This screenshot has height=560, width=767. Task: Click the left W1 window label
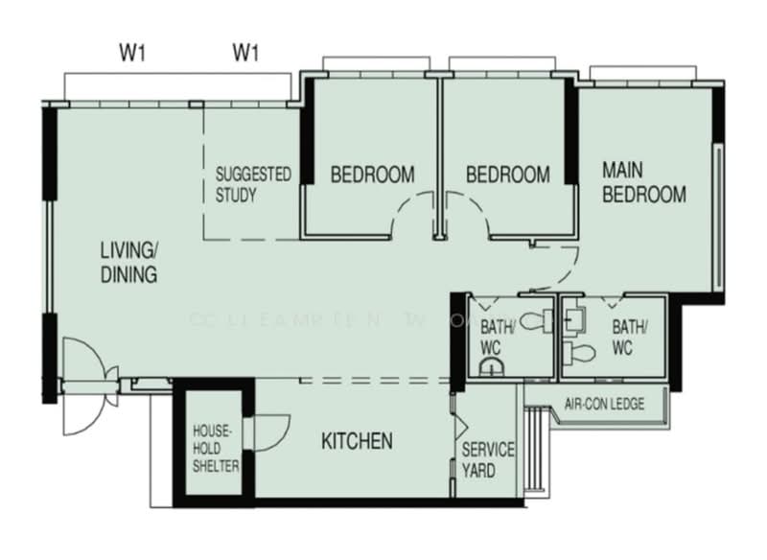click(132, 53)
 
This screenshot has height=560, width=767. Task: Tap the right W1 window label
click(246, 53)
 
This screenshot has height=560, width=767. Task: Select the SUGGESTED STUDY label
click(252, 185)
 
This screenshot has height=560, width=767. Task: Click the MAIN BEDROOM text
click(643, 182)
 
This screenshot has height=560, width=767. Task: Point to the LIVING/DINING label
click(128, 263)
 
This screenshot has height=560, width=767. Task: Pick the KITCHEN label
click(357, 441)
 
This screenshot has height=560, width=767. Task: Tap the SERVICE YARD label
click(488, 460)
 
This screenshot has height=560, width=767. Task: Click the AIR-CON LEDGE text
click(604, 404)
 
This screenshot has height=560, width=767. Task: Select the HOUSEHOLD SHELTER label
click(216, 448)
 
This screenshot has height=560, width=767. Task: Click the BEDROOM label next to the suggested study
click(372, 175)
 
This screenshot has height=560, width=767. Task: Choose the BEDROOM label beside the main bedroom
click(507, 175)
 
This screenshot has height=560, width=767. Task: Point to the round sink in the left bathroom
click(491, 367)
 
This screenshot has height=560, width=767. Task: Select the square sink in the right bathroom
click(576, 314)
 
